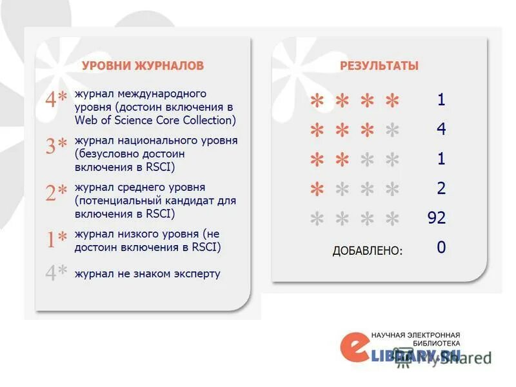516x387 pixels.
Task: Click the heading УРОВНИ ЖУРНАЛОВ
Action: click(143, 66)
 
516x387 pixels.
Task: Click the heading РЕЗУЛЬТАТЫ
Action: click(379, 66)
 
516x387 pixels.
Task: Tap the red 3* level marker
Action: click(56, 146)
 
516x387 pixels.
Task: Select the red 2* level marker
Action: click(56, 193)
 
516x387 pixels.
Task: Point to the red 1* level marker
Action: click(56, 239)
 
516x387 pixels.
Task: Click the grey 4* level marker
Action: click(56, 273)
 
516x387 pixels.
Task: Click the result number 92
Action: click(437, 218)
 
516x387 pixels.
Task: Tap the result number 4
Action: click(441, 129)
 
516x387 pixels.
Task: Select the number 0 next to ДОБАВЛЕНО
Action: click(441, 248)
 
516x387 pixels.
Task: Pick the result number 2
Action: click(441, 188)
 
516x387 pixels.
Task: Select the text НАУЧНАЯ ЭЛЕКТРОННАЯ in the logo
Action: click(416, 335)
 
